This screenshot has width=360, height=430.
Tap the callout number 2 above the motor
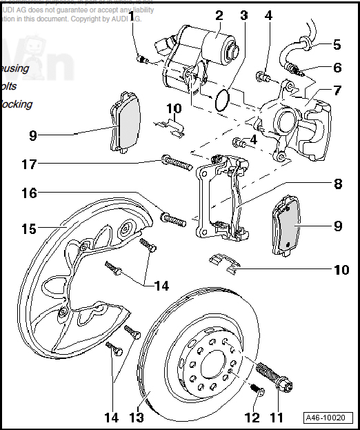click(219, 15)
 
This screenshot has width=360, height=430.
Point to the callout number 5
click(337, 45)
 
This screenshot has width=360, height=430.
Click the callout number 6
click(337, 68)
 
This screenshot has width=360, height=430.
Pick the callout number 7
click(337, 90)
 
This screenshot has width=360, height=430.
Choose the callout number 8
click(337, 185)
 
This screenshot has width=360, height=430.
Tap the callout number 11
click(277, 418)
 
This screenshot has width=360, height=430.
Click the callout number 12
click(252, 418)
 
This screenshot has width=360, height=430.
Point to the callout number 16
click(29, 194)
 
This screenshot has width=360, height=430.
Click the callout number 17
click(29, 165)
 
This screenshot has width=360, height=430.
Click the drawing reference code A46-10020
click(329, 418)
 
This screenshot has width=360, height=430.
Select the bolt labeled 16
click(174, 220)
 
